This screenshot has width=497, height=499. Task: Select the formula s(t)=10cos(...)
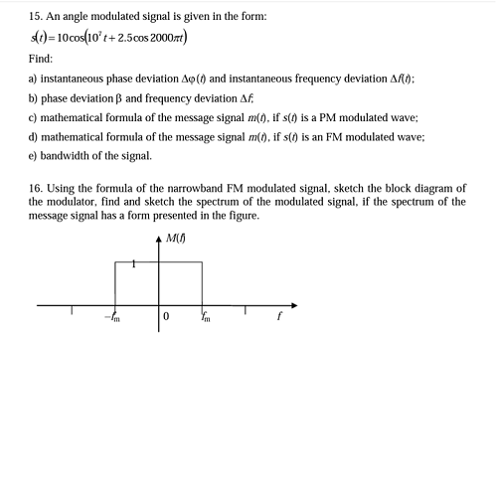pos(108,39)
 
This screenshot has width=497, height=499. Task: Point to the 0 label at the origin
pos(167,317)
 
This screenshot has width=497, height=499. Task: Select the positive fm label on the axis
pos(206,318)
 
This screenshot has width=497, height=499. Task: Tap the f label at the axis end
pos(279,318)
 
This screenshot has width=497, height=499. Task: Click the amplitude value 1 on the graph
pos(135,264)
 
